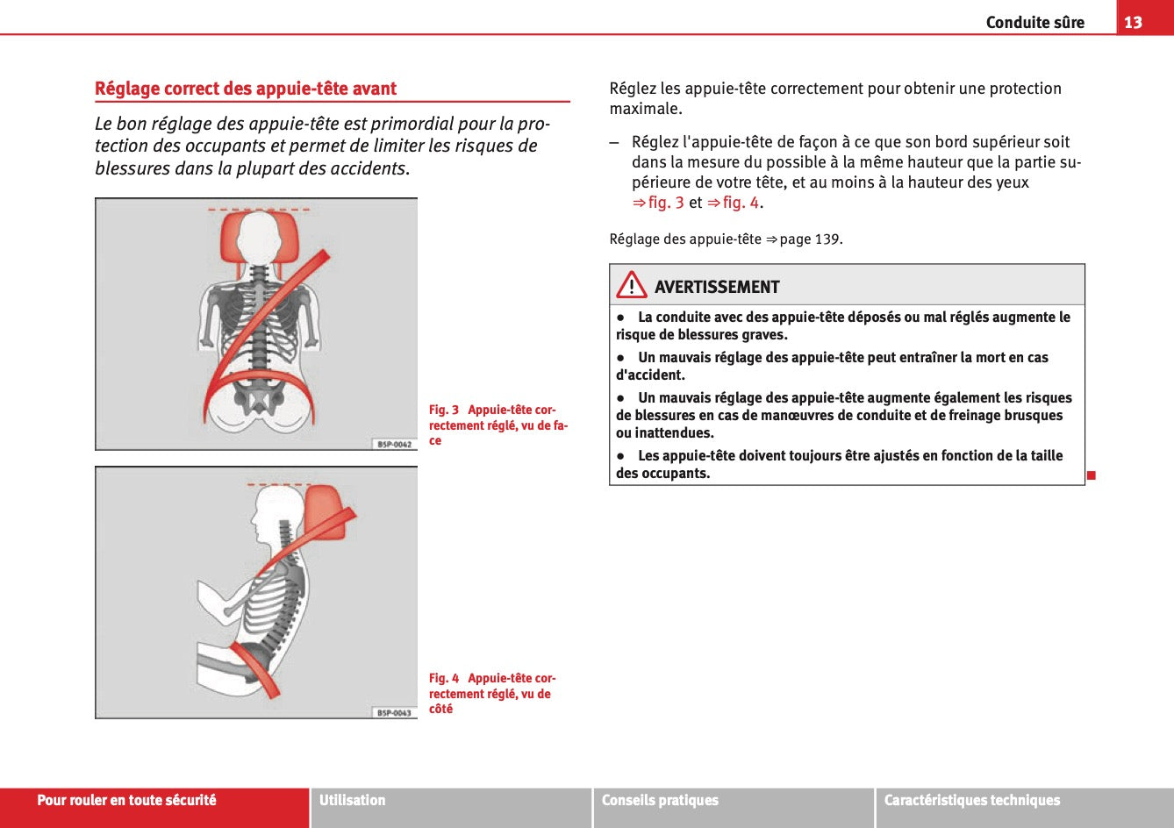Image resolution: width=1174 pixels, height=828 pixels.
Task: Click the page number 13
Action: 1133,22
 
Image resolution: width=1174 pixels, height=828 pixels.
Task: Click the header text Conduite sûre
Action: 1034,23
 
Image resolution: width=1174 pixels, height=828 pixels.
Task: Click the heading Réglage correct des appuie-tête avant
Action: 246,89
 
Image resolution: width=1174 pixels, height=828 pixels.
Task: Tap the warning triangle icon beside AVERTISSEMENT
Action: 631,286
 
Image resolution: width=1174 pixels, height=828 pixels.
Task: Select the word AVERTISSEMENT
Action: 716,287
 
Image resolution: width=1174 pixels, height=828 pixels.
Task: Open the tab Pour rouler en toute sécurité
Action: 126,800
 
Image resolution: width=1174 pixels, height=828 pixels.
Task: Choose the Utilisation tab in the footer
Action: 352,800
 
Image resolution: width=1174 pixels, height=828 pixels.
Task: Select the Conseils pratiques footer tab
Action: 660,800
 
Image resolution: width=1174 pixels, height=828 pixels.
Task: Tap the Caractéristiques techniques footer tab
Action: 971,800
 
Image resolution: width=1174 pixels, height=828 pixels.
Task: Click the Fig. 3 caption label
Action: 443,410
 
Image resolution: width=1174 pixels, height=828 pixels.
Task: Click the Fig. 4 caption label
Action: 443,678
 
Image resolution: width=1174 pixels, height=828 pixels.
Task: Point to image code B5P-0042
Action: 394,444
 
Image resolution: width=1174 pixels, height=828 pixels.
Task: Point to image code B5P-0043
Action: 394,712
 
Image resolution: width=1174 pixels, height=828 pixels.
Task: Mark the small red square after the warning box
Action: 1092,475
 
